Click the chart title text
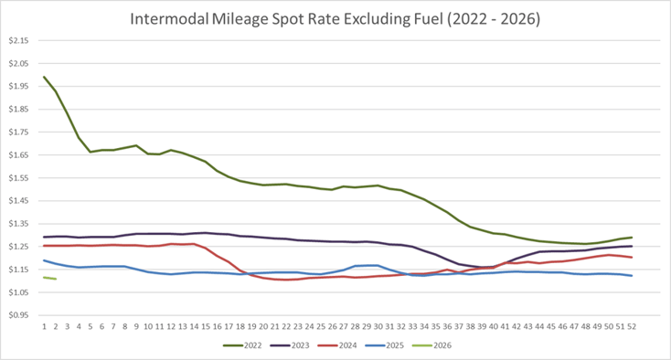tap(335, 17)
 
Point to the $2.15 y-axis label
tap(19, 41)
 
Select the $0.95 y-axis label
tap(19, 315)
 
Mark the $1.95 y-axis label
tap(19, 87)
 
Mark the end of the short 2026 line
tap(56, 279)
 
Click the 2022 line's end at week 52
tap(632, 238)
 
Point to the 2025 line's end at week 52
tap(632, 276)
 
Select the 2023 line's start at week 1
tap(44, 238)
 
